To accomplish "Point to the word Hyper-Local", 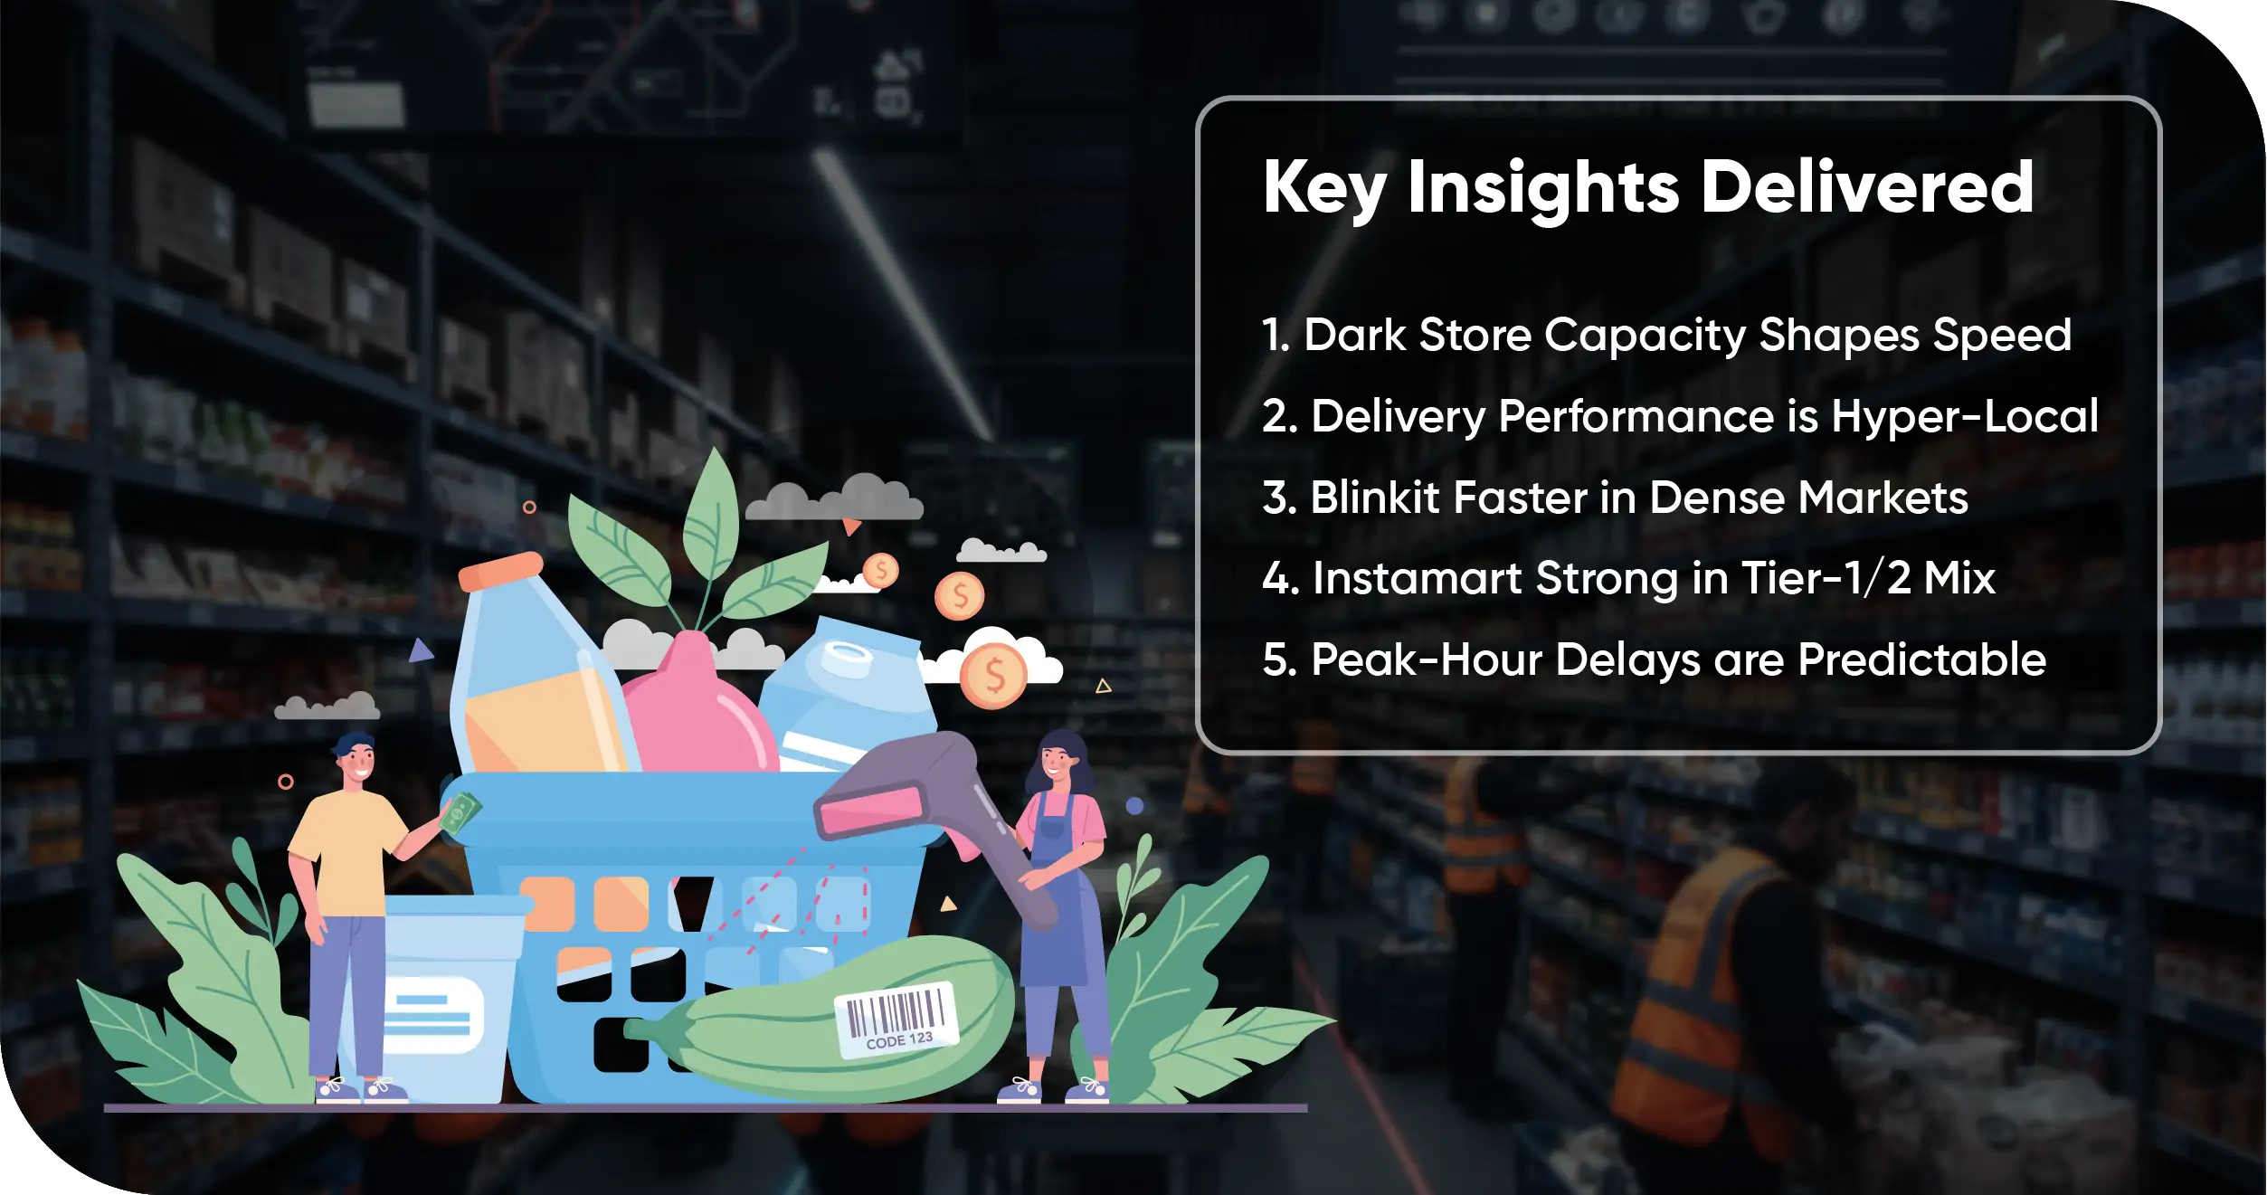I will click(x=1964, y=417).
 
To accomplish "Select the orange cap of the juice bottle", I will click(x=500, y=571).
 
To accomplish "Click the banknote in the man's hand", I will click(x=460, y=812).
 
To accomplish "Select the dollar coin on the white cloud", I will click(x=993, y=675).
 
